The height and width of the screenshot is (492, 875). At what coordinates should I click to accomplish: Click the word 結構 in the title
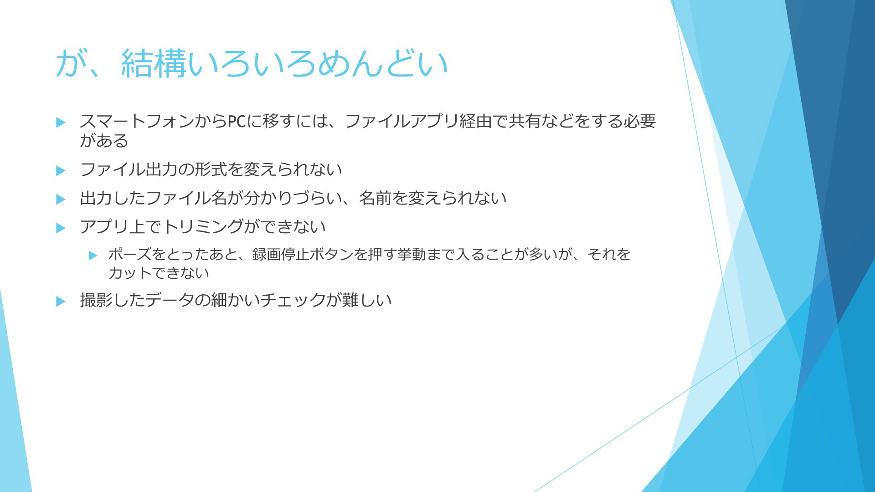pyautogui.click(x=154, y=63)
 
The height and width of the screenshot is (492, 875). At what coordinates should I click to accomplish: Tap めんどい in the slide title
pyautogui.click(x=383, y=63)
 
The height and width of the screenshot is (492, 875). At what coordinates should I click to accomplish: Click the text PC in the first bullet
pyautogui.click(x=237, y=121)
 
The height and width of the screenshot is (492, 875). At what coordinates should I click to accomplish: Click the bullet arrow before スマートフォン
pyautogui.click(x=61, y=122)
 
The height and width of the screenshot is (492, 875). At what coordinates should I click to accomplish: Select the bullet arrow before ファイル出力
pyautogui.click(x=61, y=170)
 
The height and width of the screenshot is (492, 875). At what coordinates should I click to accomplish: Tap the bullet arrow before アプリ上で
pyautogui.click(x=61, y=228)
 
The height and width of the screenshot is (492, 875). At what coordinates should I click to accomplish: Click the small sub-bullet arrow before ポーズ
pyautogui.click(x=93, y=255)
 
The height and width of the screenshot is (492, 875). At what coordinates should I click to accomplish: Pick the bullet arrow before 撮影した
pyautogui.click(x=61, y=301)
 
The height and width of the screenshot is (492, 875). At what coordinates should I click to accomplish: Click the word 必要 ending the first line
pyautogui.click(x=639, y=121)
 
